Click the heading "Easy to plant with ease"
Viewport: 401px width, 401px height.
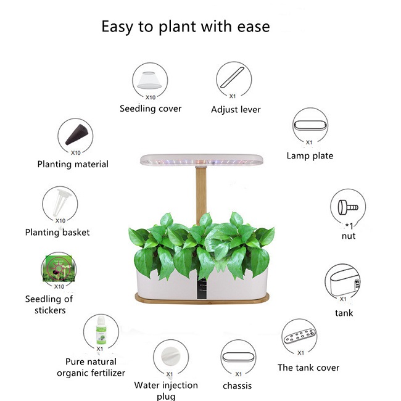tap(186, 27)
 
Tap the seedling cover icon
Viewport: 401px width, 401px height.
tap(149, 80)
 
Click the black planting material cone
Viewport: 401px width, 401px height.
tap(77, 134)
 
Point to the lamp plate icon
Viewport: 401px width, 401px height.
tap(310, 126)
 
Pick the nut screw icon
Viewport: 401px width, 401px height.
tap(348, 207)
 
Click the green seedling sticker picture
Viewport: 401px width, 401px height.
tap(59, 268)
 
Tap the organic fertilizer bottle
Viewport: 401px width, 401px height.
tap(101, 331)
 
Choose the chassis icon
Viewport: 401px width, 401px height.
tap(238, 357)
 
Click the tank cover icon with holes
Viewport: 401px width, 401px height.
tap(299, 336)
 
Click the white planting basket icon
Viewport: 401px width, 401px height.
tap(60, 202)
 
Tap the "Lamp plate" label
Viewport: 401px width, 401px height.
tap(310, 155)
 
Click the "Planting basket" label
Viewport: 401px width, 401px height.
tap(57, 232)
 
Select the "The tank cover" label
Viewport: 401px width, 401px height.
tap(308, 368)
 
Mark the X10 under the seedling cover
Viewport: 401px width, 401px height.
tap(151, 97)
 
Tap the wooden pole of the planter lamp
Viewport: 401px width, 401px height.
tap(201, 195)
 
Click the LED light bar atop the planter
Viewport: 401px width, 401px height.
tap(202, 160)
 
